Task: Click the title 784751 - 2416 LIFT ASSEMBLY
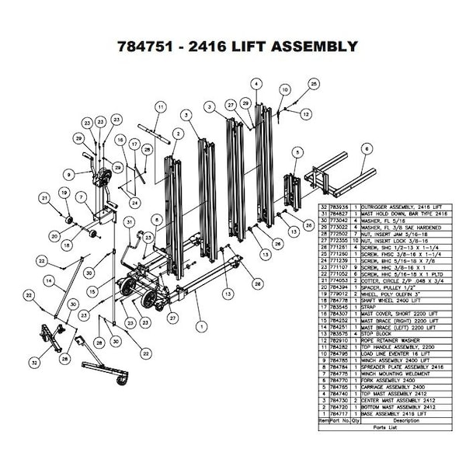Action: [232, 47]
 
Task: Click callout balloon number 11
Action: [161, 106]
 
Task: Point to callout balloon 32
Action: [34, 362]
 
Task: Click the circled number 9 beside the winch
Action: [68, 174]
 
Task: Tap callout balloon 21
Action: [45, 200]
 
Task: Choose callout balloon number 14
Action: [49, 280]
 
